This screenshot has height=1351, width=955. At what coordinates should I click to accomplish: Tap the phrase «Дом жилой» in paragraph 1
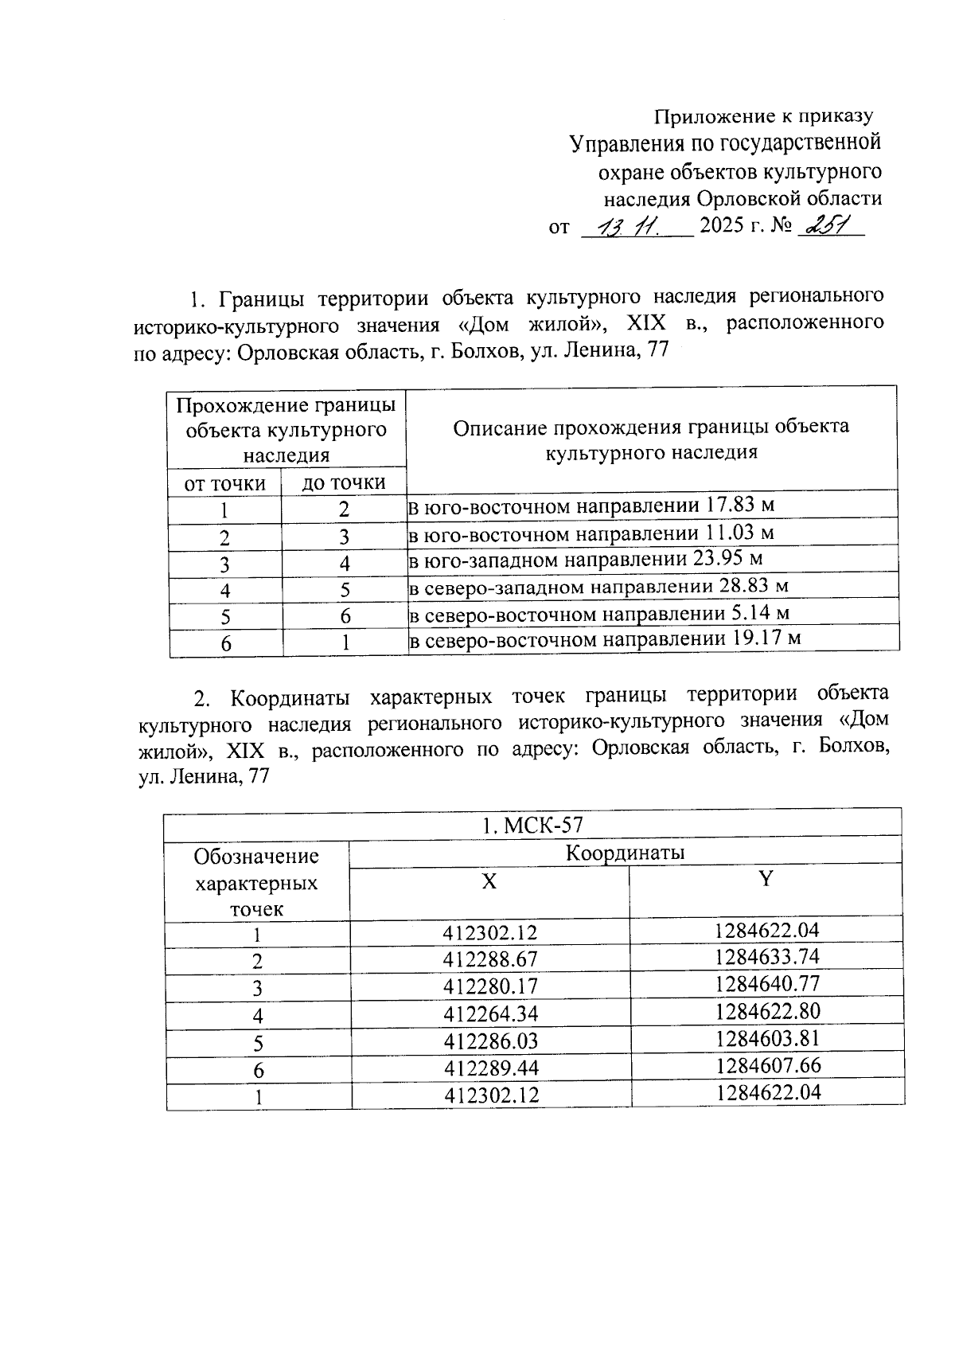point(533,323)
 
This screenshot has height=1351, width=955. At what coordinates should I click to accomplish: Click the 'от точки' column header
point(224,483)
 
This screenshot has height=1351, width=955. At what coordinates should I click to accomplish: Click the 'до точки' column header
point(343,482)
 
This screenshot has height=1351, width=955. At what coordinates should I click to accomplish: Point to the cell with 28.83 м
point(598,587)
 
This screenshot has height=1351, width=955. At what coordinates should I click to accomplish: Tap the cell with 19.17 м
point(603,639)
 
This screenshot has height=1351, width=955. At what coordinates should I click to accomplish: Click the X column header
point(489,881)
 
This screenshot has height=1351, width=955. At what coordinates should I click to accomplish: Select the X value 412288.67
point(490,959)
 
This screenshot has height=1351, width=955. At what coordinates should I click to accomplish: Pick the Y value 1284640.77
point(766,983)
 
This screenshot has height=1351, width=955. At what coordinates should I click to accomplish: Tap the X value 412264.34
point(490,1013)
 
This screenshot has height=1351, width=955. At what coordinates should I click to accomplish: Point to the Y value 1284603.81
point(766,1038)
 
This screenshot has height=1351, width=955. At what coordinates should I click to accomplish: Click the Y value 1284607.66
point(767,1065)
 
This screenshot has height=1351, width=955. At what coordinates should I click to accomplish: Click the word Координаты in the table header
point(625,853)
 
